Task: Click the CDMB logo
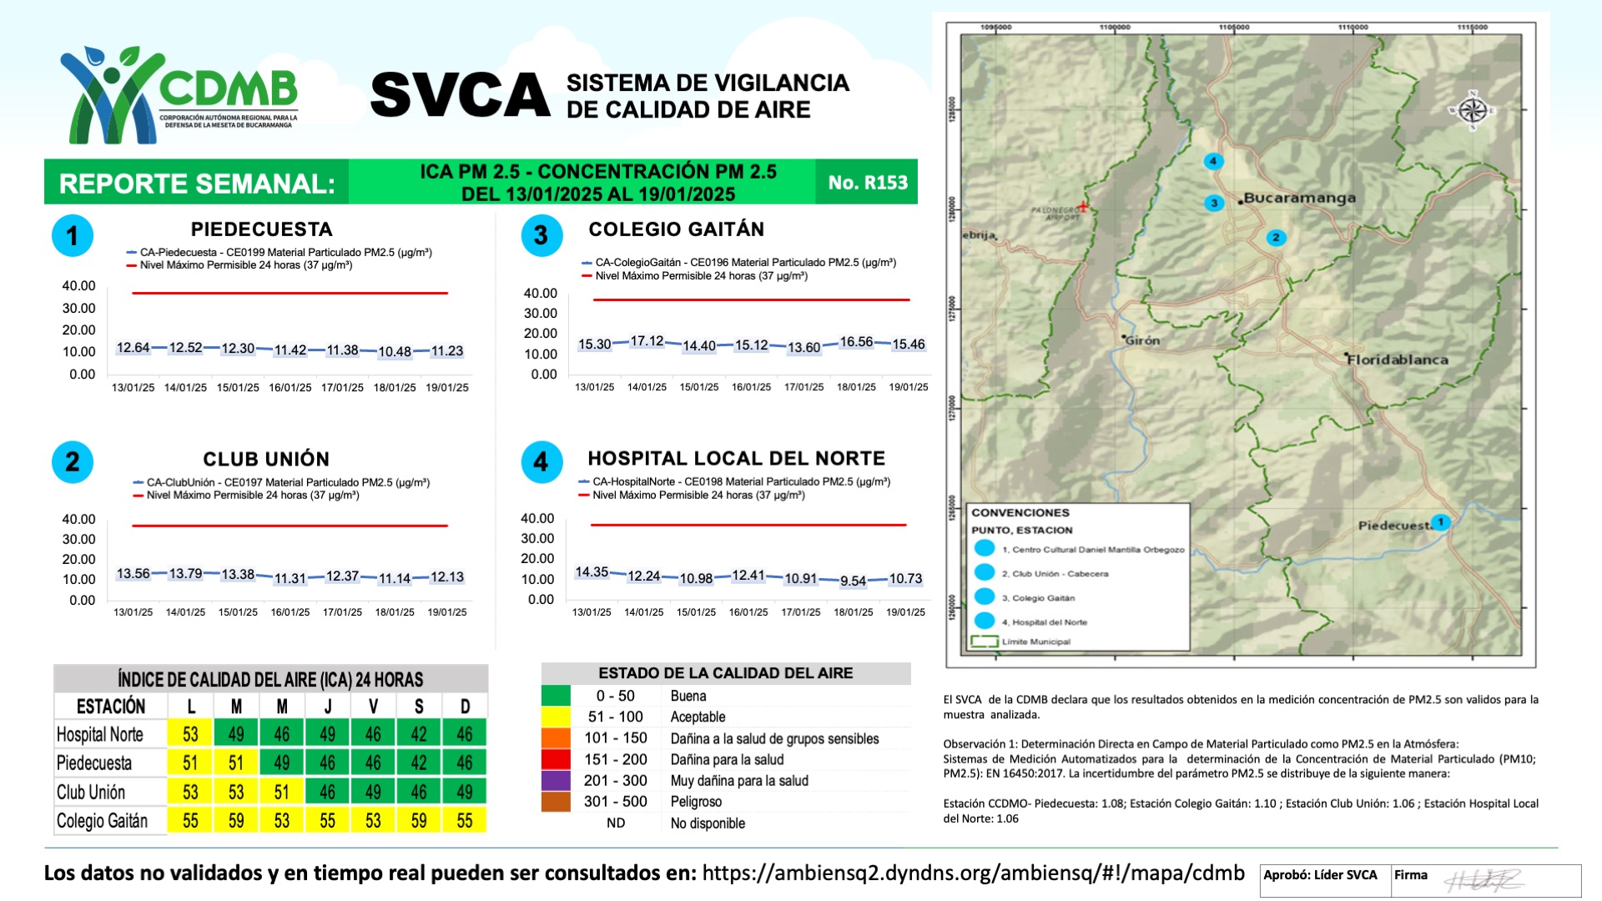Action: [x=179, y=93]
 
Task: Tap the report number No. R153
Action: [x=867, y=182]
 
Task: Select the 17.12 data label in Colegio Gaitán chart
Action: [x=647, y=341]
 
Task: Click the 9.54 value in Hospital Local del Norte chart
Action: [x=853, y=581]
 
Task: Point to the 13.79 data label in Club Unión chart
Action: [x=185, y=574]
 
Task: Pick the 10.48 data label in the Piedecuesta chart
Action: [x=395, y=352]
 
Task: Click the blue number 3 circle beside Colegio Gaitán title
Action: [x=542, y=235]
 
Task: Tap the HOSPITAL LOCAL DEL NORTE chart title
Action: [x=736, y=458]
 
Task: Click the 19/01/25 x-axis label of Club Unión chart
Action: [x=447, y=612]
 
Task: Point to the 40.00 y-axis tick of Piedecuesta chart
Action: [x=78, y=286]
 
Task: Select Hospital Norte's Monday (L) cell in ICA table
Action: [x=190, y=734]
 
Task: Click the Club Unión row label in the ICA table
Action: [x=91, y=792]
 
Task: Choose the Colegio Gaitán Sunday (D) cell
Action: [x=465, y=821]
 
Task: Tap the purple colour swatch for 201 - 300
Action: [x=556, y=781]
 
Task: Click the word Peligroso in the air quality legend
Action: [x=696, y=802]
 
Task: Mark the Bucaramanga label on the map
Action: [x=1299, y=199]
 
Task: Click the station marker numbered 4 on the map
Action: [x=1213, y=161]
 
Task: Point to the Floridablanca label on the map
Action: [x=1397, y=360]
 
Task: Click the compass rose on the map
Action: [x=1473, y=110]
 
